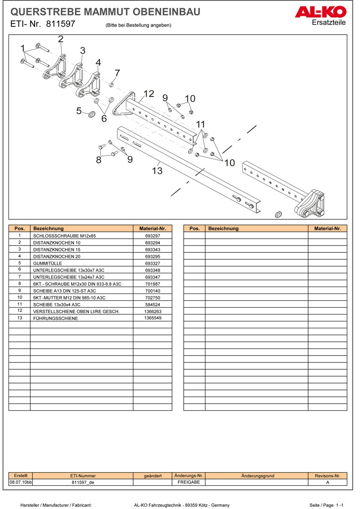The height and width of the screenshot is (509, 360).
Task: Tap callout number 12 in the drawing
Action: pyautogui.click(x=149, y=94)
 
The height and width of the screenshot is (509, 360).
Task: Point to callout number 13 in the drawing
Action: pyautogui.click(x=157, y=171)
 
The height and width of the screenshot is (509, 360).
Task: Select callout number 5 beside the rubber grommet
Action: pyautogui.click(x=79, y=111)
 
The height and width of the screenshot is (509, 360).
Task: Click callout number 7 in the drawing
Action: pyautogui.click(x=117, y=73)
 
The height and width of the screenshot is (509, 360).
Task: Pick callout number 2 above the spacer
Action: pyautogui.click(x=61, y=39)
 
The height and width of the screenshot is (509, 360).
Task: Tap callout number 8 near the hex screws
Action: pyautogui.click(x=99, y=160)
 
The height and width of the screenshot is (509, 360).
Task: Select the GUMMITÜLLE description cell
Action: pyautogui.click(x=81, y=263)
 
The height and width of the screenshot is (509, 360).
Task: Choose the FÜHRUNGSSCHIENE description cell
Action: pyautogui.click(x=81, y=318)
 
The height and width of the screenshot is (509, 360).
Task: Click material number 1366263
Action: pyautogui.click(x=152, y=311)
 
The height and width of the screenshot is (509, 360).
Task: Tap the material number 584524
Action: pyautogui.click(x=152, y=305)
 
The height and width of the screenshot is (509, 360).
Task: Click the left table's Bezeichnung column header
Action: pyautogui.click(x=81, y=229)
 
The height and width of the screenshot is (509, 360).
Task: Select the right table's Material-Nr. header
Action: pyautogui.click(x=327, y=229)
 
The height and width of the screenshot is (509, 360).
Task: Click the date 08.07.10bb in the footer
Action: pyautogui.click(x=21, y=482)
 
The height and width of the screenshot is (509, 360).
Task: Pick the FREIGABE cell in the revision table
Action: pyautogui.click(x=188, y=482)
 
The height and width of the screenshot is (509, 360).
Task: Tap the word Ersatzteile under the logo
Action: pyautogui.click(x=329, y=23)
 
